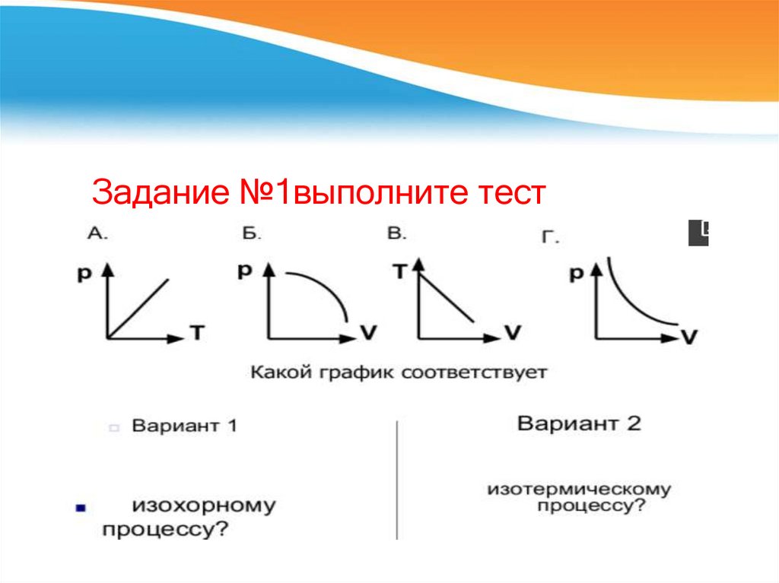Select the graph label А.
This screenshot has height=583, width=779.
pos(98,234)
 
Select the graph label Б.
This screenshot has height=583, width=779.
pos(252,234)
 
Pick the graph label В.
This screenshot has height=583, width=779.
pos(397,234)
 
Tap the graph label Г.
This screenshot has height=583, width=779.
pos(550,238)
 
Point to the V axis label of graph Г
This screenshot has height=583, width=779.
pos(688,337)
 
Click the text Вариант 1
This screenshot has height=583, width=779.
pos(185,426)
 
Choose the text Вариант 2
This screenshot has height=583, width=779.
pos(579,423)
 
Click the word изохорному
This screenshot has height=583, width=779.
pos(205,505)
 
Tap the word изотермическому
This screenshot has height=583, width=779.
pos(580,488)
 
